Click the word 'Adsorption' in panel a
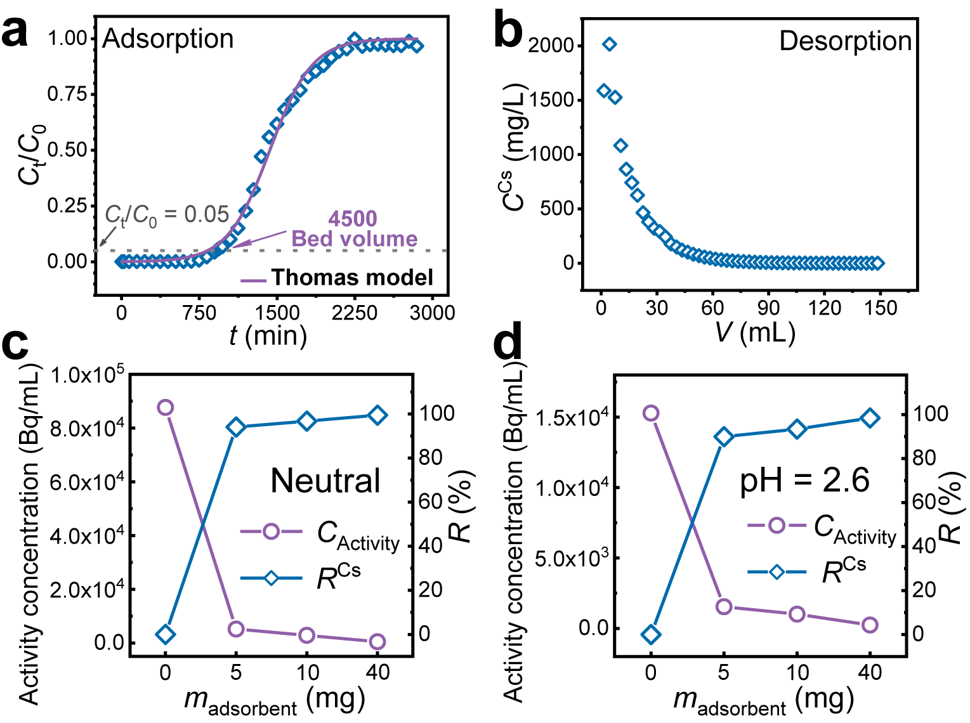tap(168, 39)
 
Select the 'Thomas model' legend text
tap(352, 278)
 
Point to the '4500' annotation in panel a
tap(353, 219)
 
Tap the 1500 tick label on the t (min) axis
tap(277, 313)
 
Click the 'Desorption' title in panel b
tap(845, 41)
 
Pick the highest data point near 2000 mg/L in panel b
tap(610, 44)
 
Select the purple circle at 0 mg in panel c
tap(166, 407)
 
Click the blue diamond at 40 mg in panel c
tap(377, 415)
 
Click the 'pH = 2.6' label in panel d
tap(804, 480)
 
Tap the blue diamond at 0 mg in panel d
tap(651, 634)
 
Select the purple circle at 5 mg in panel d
tap(724, 607)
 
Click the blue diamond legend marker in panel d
tap(777, 572)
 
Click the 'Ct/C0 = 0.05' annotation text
tap(167, 215)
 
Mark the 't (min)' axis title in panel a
tap(268, 335)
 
